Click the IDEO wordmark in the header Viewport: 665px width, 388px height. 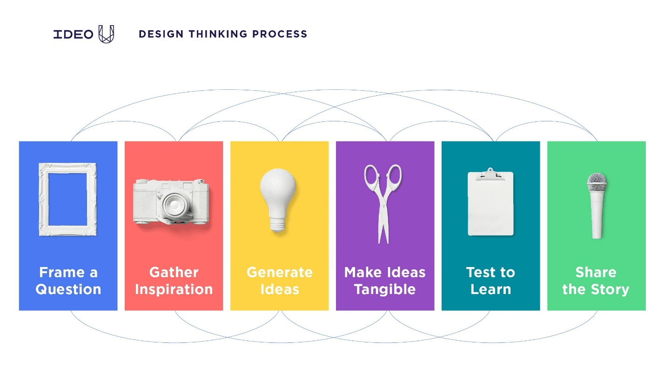tap(73, 34)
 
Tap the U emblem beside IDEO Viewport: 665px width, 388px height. tap(106, 34)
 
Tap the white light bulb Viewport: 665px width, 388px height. tap(278, 195)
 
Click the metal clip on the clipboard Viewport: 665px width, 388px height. tap(490, 174)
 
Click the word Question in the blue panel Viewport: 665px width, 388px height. tap(68, 289)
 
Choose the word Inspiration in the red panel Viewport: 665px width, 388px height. tap(174, 289)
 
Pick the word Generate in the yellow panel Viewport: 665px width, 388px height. tap(279, 272)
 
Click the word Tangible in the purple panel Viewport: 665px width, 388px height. tap(385, 289)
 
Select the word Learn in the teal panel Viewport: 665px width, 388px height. tap(490, 289)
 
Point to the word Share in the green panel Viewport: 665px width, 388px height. tap(596, 272)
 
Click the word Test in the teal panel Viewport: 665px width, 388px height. tap(477, 272)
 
